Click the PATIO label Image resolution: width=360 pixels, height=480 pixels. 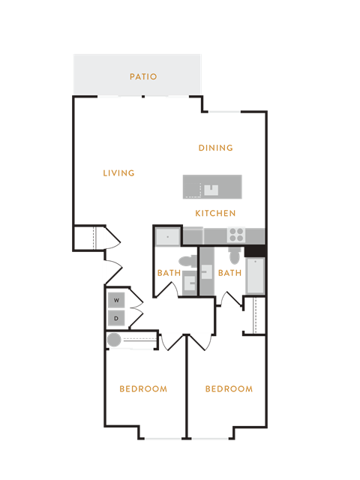(x=143, y=76)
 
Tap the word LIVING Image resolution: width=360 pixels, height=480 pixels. (x=118, y=173)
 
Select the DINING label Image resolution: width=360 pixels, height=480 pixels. (x=216, y=148)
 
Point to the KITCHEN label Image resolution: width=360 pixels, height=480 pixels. (x=215, y=213)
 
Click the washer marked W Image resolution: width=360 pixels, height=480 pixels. (x=116, y=300)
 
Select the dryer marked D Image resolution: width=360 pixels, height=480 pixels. (x=116, y=318)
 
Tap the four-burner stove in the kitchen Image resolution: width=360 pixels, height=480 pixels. (x=236, y=235)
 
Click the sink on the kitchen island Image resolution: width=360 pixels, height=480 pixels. (x=211, y=190)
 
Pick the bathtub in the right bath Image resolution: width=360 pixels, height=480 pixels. (x=255, y=276)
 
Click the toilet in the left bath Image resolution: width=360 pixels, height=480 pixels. (x=187, y=262)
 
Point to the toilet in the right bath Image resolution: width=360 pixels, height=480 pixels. (x=235, y=256)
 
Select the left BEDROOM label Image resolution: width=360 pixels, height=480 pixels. (x=143, y=389)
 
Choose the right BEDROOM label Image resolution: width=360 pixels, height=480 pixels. (x=229, y=389)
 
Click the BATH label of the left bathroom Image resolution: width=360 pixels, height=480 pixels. (x=169, y=273)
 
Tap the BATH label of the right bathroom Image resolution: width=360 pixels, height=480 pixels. (x=230, y=273)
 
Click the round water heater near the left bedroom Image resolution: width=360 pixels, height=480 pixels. (x=114, y=340)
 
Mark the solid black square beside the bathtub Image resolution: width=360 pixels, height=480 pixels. (x=255, y=251)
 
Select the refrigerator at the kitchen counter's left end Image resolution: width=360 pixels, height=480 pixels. (x=167, y=237)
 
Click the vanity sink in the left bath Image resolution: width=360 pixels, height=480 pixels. (x=190, y=283)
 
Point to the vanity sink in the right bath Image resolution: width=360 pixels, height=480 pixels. (x=207, y=272)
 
